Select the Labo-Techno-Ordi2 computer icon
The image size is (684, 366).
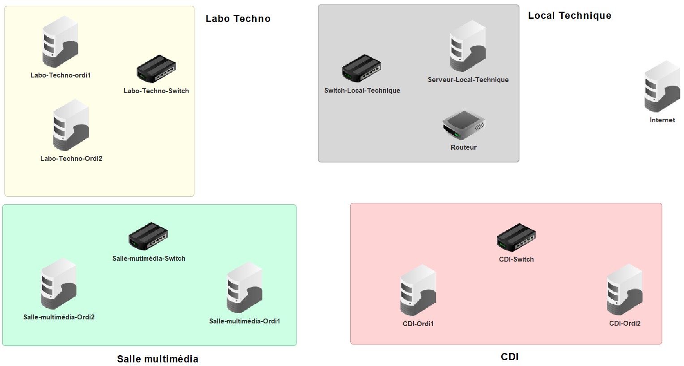(x=71, y=125)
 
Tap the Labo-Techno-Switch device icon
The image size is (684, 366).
(x=156, y=69)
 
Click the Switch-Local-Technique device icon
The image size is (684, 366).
(x=361, y=69)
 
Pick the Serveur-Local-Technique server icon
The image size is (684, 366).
(x=468, y=46)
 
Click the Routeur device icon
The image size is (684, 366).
(x=464, y=125)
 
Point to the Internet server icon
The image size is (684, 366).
(x=662, y=86)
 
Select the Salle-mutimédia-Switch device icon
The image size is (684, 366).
(x=148, y=236)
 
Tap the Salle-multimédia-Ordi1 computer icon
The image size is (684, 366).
(x=245, y=288)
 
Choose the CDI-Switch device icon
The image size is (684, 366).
(x=516, y=237)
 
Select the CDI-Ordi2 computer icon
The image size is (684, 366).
(x=624, y=290)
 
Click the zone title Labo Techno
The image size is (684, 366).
(x=238, y=19)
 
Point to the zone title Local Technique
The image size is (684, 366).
(x=569, y=16)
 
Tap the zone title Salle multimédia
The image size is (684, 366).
(x=157, y=359)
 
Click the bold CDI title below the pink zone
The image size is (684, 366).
(x=509, y=357)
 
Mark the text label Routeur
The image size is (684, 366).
(x=464, y=147)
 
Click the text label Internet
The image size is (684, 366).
(x=662, y=120)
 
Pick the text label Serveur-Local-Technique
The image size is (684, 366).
(x=468, y=80)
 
